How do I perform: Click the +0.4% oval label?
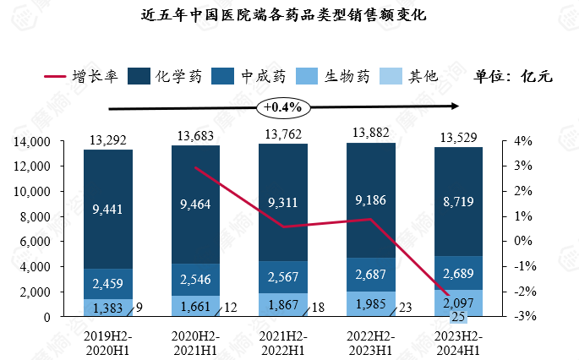tap(282, 108)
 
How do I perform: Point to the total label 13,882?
tap(371, 132)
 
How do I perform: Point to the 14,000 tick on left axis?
tap(35, 142)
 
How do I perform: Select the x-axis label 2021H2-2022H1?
tap(283, 342)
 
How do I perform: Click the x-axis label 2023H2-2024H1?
tap(459, 342)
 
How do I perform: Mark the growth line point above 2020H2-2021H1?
tap(195, 167)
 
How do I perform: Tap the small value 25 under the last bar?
tap(459, 318)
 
